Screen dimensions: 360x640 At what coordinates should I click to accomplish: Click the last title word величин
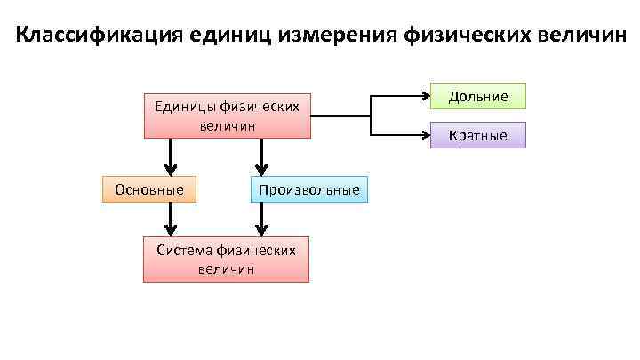tap(583, 37)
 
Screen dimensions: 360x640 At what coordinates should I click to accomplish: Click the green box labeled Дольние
tap(477, 96)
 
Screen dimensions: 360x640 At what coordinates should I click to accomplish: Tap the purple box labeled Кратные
tap(477, 135)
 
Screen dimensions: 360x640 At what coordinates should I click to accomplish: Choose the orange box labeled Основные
tap(149, 189)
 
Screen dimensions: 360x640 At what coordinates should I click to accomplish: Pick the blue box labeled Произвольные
tap(308, 189)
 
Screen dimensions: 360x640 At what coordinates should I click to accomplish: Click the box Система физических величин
tap(226, 259)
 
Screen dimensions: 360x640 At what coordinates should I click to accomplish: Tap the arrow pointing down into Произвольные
tap(260, 168)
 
